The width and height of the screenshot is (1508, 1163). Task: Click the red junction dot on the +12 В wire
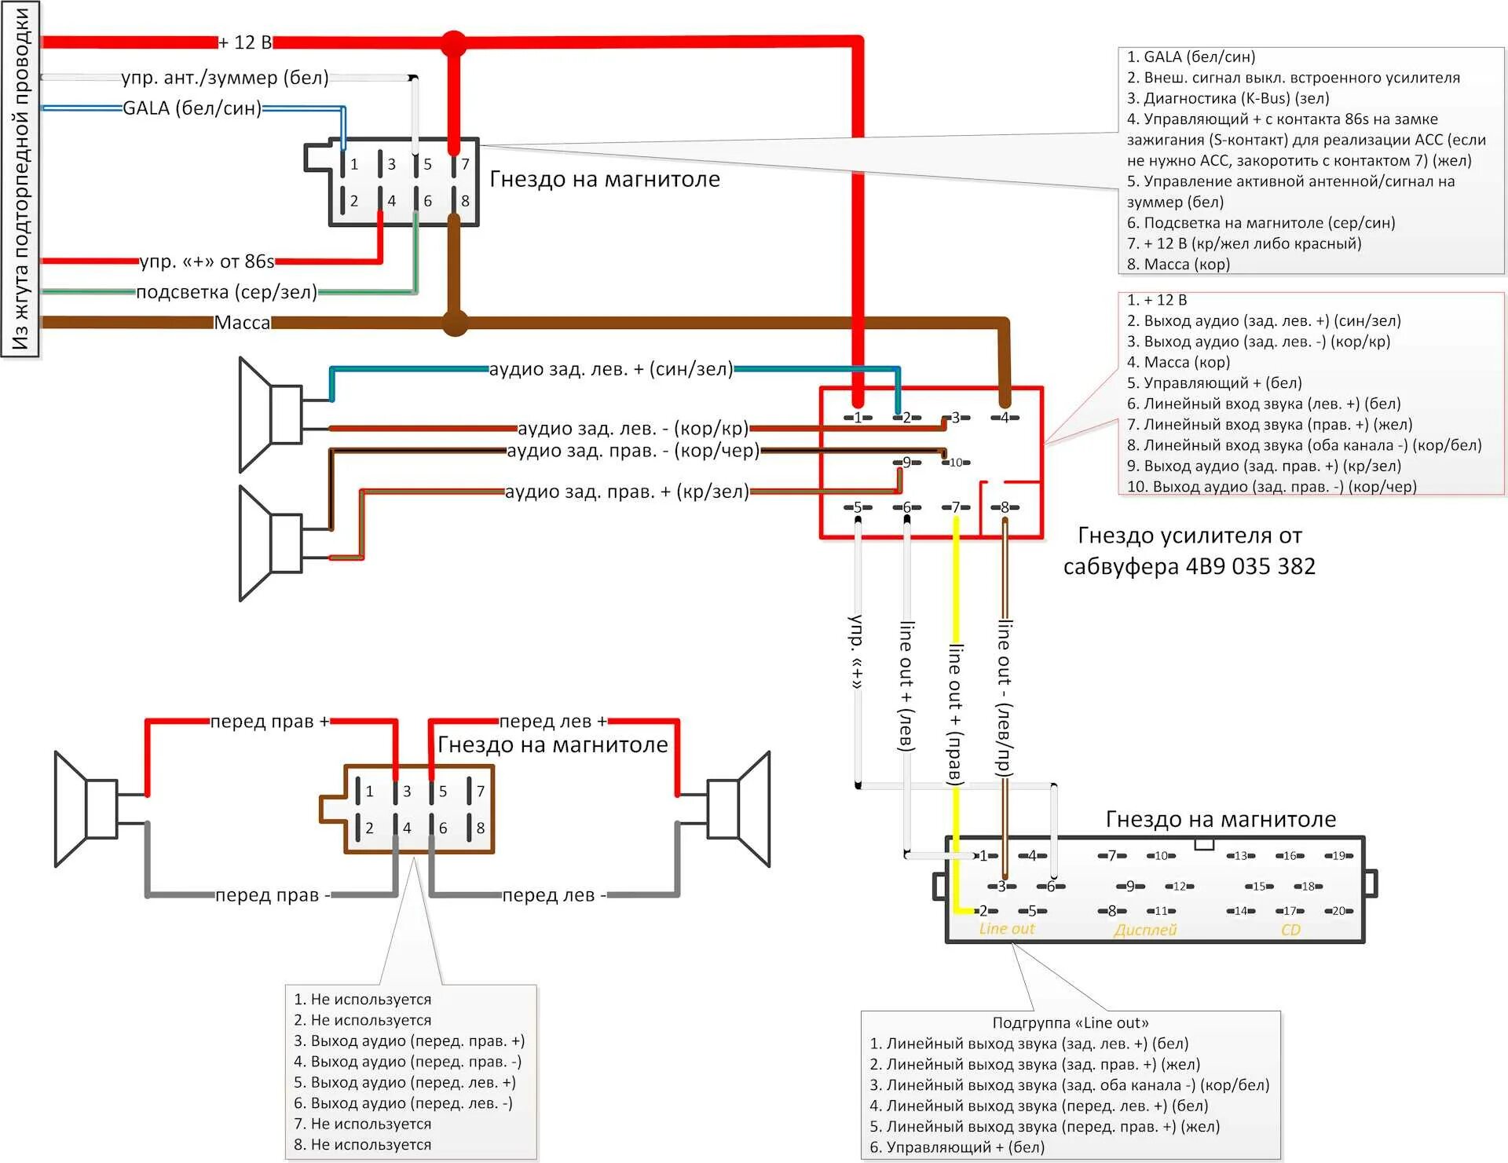coord(453,43)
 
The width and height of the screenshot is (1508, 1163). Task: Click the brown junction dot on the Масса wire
coord(455,323)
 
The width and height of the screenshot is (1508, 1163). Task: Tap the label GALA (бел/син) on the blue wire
coord(192,108)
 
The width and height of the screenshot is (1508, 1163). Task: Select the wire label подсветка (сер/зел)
coord(226,292)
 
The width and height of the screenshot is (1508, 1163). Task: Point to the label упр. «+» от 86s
coord(207,261)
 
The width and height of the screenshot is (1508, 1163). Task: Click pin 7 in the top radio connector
coord(464,164)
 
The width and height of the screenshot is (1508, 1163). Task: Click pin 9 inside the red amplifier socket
coord(906,463)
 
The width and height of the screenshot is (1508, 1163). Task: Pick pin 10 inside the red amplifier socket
coord(956,463)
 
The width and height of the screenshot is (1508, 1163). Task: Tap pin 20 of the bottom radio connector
coord(1338,911)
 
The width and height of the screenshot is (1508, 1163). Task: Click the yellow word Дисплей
coord(1145,931)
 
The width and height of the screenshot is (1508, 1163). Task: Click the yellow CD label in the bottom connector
coord(1290,931)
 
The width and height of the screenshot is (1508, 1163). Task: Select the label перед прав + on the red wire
coord(269,722)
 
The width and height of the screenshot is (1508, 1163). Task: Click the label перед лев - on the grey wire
coord(554,895)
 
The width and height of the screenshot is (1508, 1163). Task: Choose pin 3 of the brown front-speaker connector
coord(406,791)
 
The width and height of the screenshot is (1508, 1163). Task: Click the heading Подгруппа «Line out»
coord(1070,1022)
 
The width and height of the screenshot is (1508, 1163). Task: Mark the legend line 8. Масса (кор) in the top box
coord(1178,264)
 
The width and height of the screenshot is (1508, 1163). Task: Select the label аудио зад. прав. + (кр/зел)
coord(626,492)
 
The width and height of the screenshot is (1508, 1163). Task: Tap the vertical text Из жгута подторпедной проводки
coord(20,179)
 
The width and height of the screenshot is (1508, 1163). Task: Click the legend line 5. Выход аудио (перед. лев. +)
coord(404,1082)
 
